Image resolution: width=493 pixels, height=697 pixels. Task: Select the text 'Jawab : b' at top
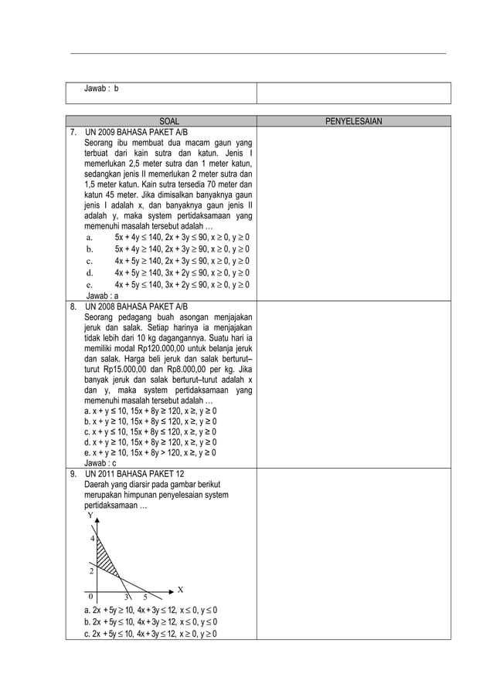101,90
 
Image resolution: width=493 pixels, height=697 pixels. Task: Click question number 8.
73,306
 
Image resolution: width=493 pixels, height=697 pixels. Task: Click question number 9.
73,474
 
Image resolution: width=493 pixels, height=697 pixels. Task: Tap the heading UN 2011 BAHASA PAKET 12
129,474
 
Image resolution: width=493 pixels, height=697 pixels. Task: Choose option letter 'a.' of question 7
90,238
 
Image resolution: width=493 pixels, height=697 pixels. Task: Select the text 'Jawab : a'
101,296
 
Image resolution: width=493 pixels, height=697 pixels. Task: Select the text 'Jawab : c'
101,463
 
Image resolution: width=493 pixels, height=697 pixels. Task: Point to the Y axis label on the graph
90,515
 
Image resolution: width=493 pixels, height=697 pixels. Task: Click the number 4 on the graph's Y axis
92,539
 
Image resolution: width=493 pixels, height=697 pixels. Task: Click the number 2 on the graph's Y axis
92,571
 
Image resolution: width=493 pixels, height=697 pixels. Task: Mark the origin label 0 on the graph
90,597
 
